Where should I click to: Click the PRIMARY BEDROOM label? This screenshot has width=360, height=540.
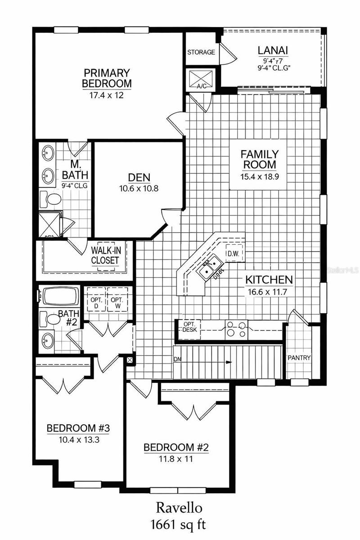[x=106, y=78]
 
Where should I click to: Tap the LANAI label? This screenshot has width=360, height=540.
[x=273, y=50]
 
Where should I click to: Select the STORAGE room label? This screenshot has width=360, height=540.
[x=201, y=52]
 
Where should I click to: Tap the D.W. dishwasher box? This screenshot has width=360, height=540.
[x=233, y=254]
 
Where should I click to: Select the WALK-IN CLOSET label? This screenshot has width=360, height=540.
[x=105, y=255]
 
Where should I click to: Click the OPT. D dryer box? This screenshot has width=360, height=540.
[x=96, y=303]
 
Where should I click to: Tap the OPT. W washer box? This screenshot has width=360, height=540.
[x=117, y=303]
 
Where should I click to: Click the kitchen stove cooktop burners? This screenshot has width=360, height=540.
[x=236, y=329]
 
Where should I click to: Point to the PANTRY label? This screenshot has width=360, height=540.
[x=299, y=358]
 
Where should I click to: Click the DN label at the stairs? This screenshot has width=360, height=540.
[x=178, y=359]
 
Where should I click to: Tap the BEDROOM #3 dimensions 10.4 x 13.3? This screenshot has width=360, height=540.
[x=78, y=440]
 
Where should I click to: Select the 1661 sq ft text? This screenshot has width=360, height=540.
[x=180, y=524]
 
